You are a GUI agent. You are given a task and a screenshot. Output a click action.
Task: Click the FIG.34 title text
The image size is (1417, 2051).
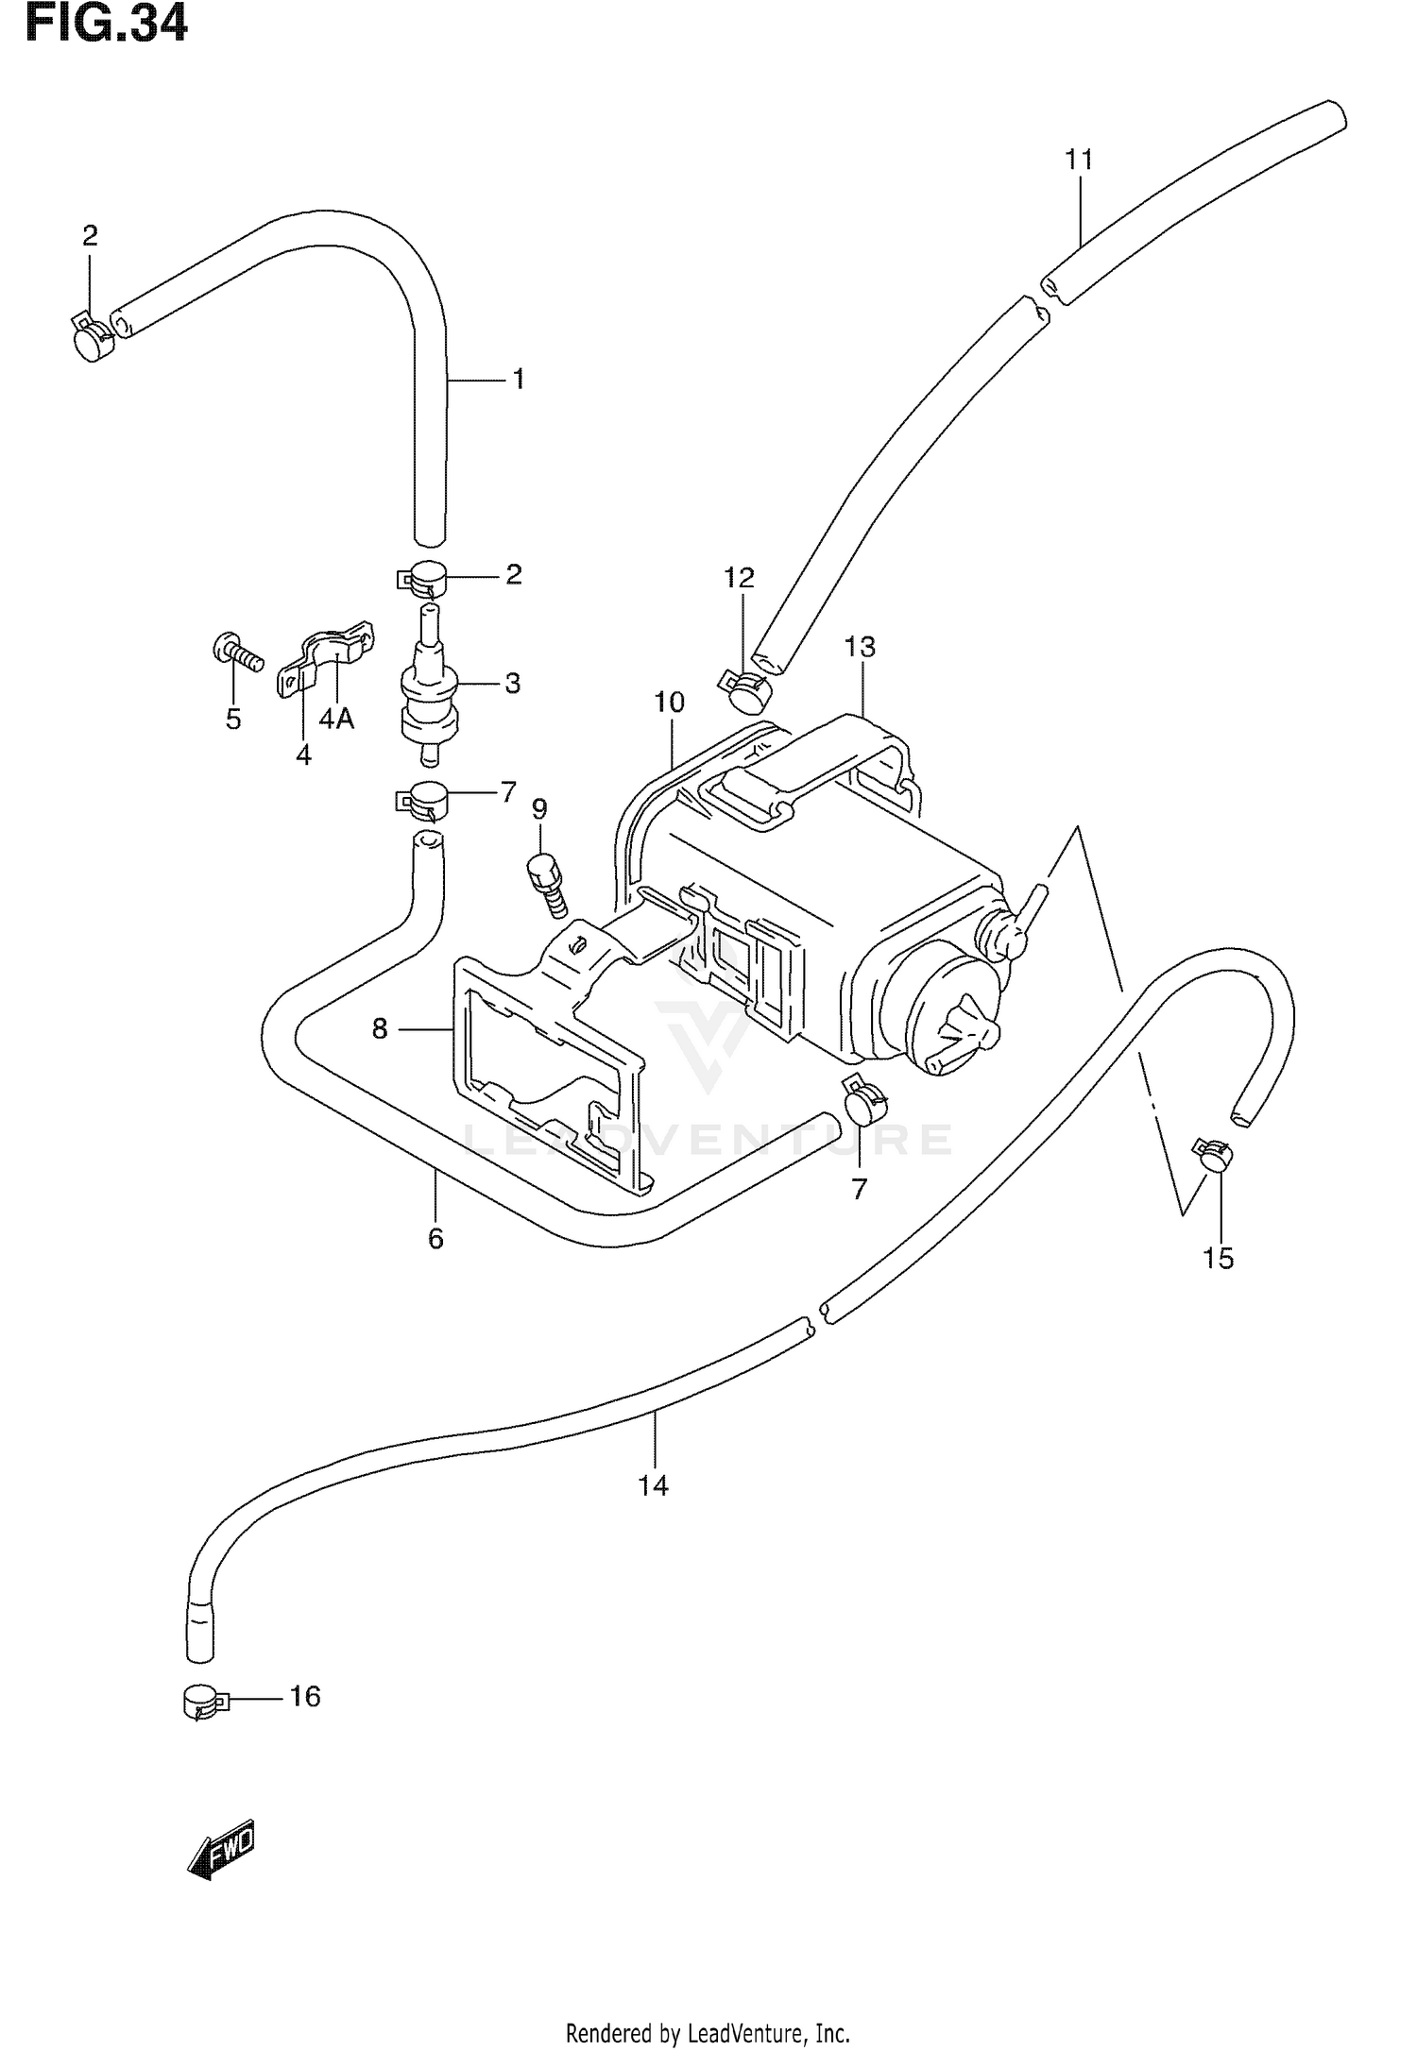pos(107,23)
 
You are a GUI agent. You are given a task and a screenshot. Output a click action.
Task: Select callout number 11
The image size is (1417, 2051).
pos(1079,161)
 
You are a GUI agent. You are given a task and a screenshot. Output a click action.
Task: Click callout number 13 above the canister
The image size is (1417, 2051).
pos(860,647)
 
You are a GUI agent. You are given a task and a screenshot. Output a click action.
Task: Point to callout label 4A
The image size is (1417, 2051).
pos(335,720)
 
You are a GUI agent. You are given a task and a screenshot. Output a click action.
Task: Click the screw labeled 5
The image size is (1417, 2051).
pos(236,653)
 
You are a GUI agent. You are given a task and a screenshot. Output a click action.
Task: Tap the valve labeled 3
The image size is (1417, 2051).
pos(429,694)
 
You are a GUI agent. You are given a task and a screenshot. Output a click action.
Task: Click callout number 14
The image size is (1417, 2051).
pos(653,1485)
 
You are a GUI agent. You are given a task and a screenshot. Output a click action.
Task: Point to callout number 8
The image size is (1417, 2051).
pos(380,1028)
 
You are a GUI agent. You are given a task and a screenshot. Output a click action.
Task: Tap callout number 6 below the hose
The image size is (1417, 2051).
pos(435,1238)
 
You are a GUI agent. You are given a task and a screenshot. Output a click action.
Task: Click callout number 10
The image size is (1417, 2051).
pos(669,703)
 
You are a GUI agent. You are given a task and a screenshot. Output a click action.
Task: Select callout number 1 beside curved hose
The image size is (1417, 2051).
pos(518,380)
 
